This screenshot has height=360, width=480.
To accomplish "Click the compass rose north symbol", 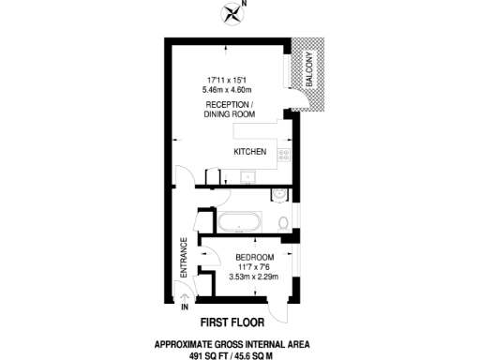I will (x=232, y=12).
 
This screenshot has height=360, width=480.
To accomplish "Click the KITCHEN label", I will (x=250, y=152).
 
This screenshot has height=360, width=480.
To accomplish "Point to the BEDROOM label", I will (x=254, y=258).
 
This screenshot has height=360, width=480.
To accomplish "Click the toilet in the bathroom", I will (x=284, y=223).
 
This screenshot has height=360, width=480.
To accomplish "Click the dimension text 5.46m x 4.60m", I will (x=230, y=87).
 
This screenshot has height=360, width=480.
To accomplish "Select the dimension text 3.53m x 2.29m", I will (x=254, y=276).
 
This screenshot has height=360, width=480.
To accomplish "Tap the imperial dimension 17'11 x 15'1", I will (x=229, y=78).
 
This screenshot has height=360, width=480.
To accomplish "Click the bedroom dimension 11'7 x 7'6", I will (x=254, y=266).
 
